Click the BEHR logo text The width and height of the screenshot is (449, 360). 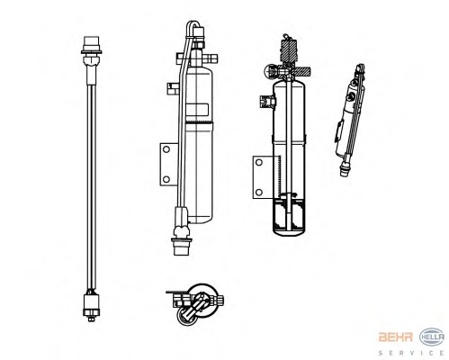tap(395, 337)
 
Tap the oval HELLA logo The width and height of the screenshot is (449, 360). tap(432, 337)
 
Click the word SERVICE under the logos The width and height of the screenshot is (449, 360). tap(411, 353)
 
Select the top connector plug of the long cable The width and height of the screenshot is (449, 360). tap(91, 47)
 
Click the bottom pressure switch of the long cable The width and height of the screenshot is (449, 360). tap(91, 306)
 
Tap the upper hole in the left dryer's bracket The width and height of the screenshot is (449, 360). tap(166, 149)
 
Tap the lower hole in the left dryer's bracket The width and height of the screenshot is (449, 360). tap(166, 179)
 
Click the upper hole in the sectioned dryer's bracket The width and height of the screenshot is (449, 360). tap(259, 163)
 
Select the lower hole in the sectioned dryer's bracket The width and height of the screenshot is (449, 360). tap(259, 192)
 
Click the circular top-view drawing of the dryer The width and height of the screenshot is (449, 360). tap(195, 303)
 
